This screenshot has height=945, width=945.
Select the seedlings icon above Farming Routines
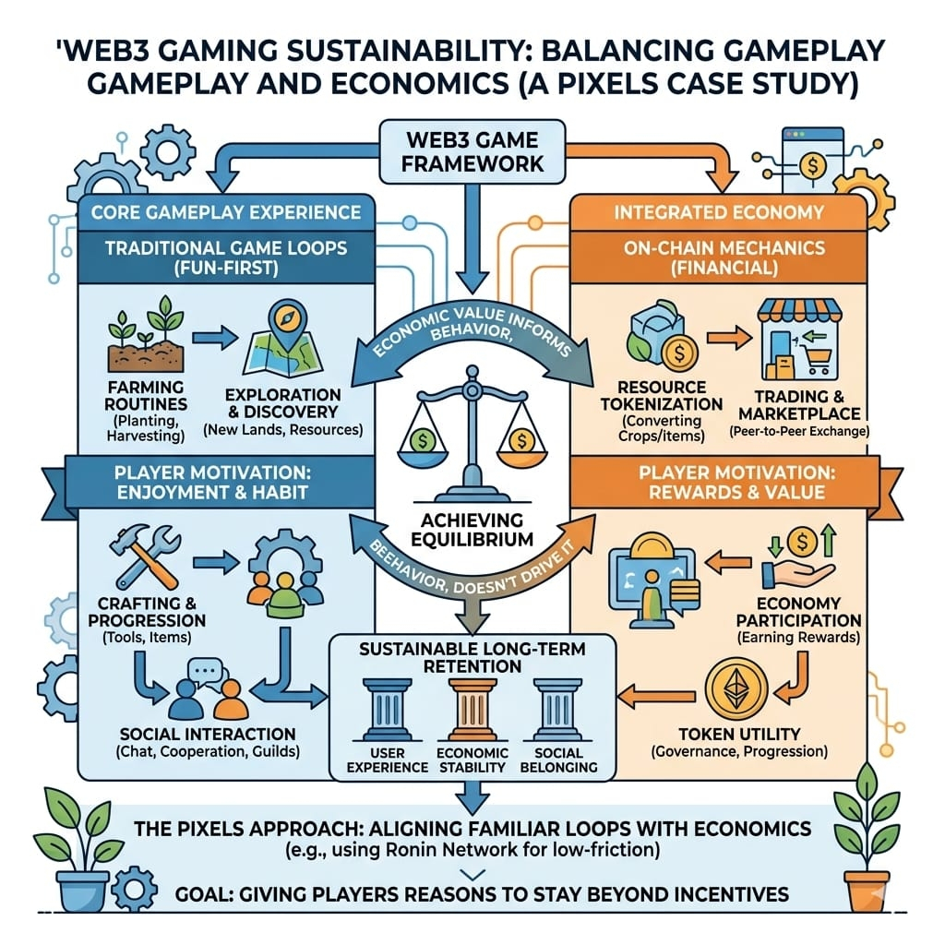pyautogui.click(x=146, y=334)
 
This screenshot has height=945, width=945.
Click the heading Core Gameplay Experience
pyautogui.click(x=226, y=213)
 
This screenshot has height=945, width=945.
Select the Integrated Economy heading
pyautogui.click(x=718, y=213)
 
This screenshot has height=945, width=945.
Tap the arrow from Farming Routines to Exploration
pyautogui.click(x=214, y=337)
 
